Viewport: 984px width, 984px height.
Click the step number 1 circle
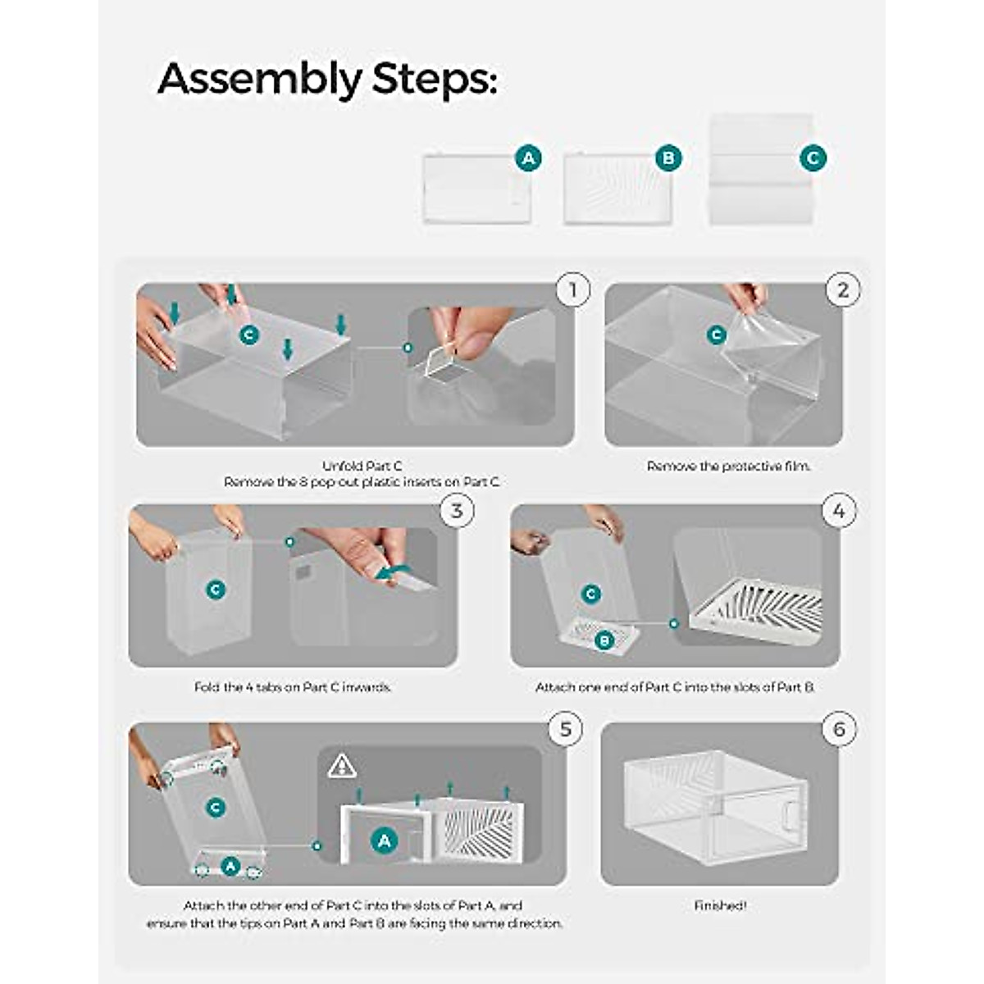(573, 290)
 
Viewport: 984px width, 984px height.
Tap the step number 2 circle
(843, 290)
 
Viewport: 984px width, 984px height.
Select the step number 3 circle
(457, 510)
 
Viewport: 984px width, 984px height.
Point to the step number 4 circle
(839, 510)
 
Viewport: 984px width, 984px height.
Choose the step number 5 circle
(566, 729)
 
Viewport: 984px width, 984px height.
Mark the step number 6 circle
(839, 729)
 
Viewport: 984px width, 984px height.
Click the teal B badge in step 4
(604, 640)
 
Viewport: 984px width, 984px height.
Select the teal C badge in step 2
(717, 335)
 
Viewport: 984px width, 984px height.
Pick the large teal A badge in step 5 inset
(385, 840)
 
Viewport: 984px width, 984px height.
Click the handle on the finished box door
(790, 822)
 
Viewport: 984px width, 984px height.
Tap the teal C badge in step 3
(216, 590)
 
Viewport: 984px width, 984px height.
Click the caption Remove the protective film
(729, 467)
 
